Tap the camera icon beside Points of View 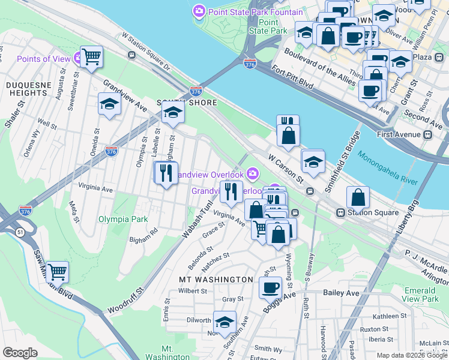point(78,58)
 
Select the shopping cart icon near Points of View point(92,57)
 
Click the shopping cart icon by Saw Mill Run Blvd point(57,272)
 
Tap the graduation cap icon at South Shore point(172,112)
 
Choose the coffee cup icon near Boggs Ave point(270,287)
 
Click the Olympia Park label point(123,219)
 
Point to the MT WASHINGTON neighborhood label point(216,280)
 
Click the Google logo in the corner point(19,353)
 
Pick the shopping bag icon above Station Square point(358,196)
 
